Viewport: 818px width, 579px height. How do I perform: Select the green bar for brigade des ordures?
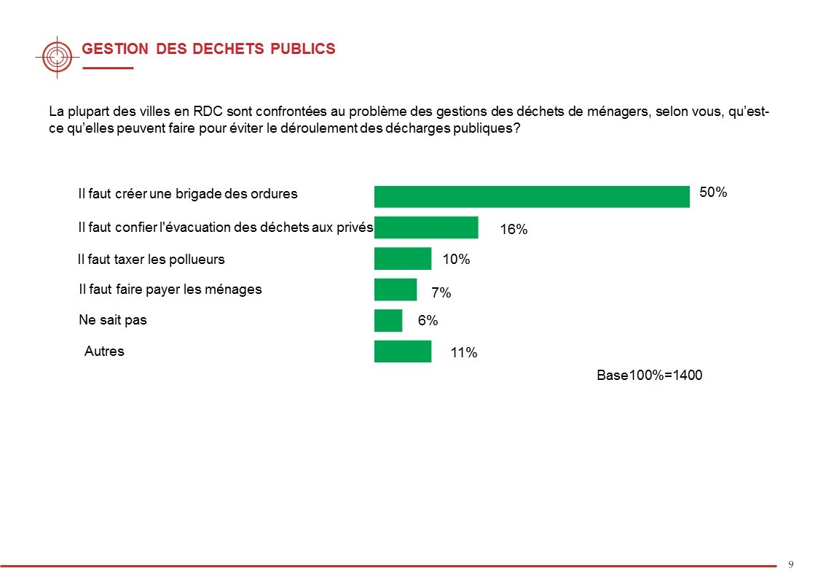pos(532,197)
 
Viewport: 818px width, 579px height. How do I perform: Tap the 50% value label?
pos(713,193)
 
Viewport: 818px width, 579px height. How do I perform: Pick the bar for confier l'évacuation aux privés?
pos(426,228)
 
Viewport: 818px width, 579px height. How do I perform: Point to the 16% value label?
pos(514,230)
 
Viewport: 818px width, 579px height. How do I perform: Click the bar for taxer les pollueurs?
pos(403,259)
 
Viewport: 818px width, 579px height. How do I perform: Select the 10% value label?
pos(456,259)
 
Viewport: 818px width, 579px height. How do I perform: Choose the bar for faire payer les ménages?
pos(396,289)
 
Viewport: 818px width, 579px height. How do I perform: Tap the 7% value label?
pos(441,293)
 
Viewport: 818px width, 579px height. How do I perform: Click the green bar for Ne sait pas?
pos(388,320)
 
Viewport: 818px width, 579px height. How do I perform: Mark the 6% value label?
pos(428,320)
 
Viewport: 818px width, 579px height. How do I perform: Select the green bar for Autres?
pos(403,351)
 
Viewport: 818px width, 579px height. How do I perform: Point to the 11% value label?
pos(463,354)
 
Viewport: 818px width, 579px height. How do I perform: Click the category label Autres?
pos(104,351)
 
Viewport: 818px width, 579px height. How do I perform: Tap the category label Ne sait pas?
pos(112,320)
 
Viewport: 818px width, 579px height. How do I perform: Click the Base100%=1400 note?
pos(649,376)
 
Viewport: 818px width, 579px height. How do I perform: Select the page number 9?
pos(791,564)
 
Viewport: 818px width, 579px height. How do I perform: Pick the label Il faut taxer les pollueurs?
pos(152,259)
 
